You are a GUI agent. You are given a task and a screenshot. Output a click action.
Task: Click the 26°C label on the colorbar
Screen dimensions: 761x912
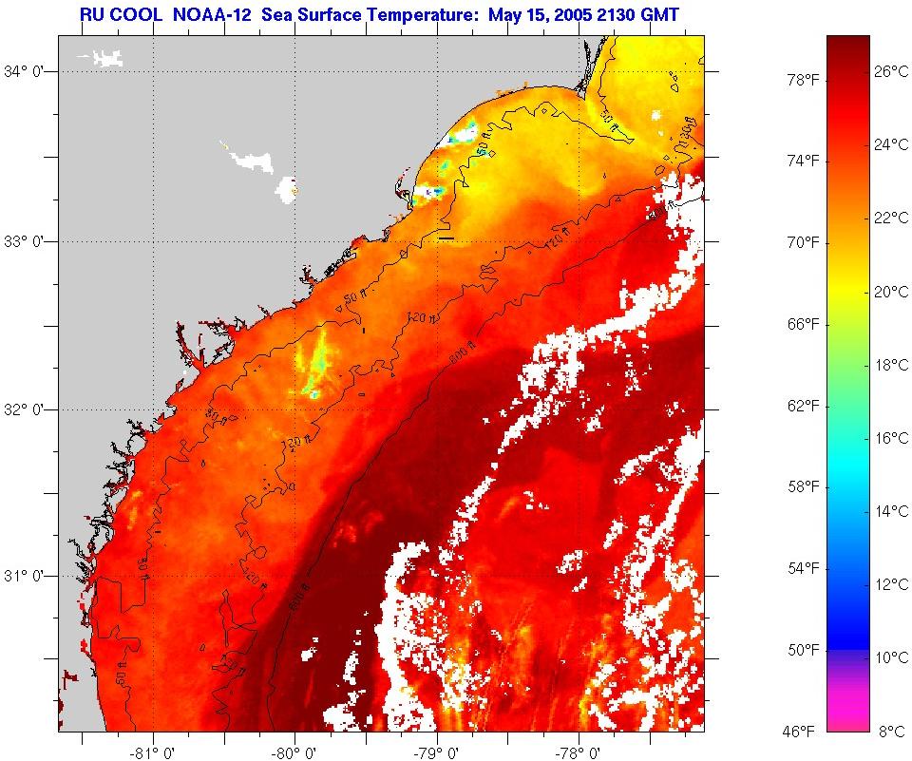(891, 71)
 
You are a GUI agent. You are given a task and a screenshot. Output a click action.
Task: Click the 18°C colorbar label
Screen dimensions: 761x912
(891, 365)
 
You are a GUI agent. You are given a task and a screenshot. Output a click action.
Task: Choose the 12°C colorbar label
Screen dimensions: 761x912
(891, 584)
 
